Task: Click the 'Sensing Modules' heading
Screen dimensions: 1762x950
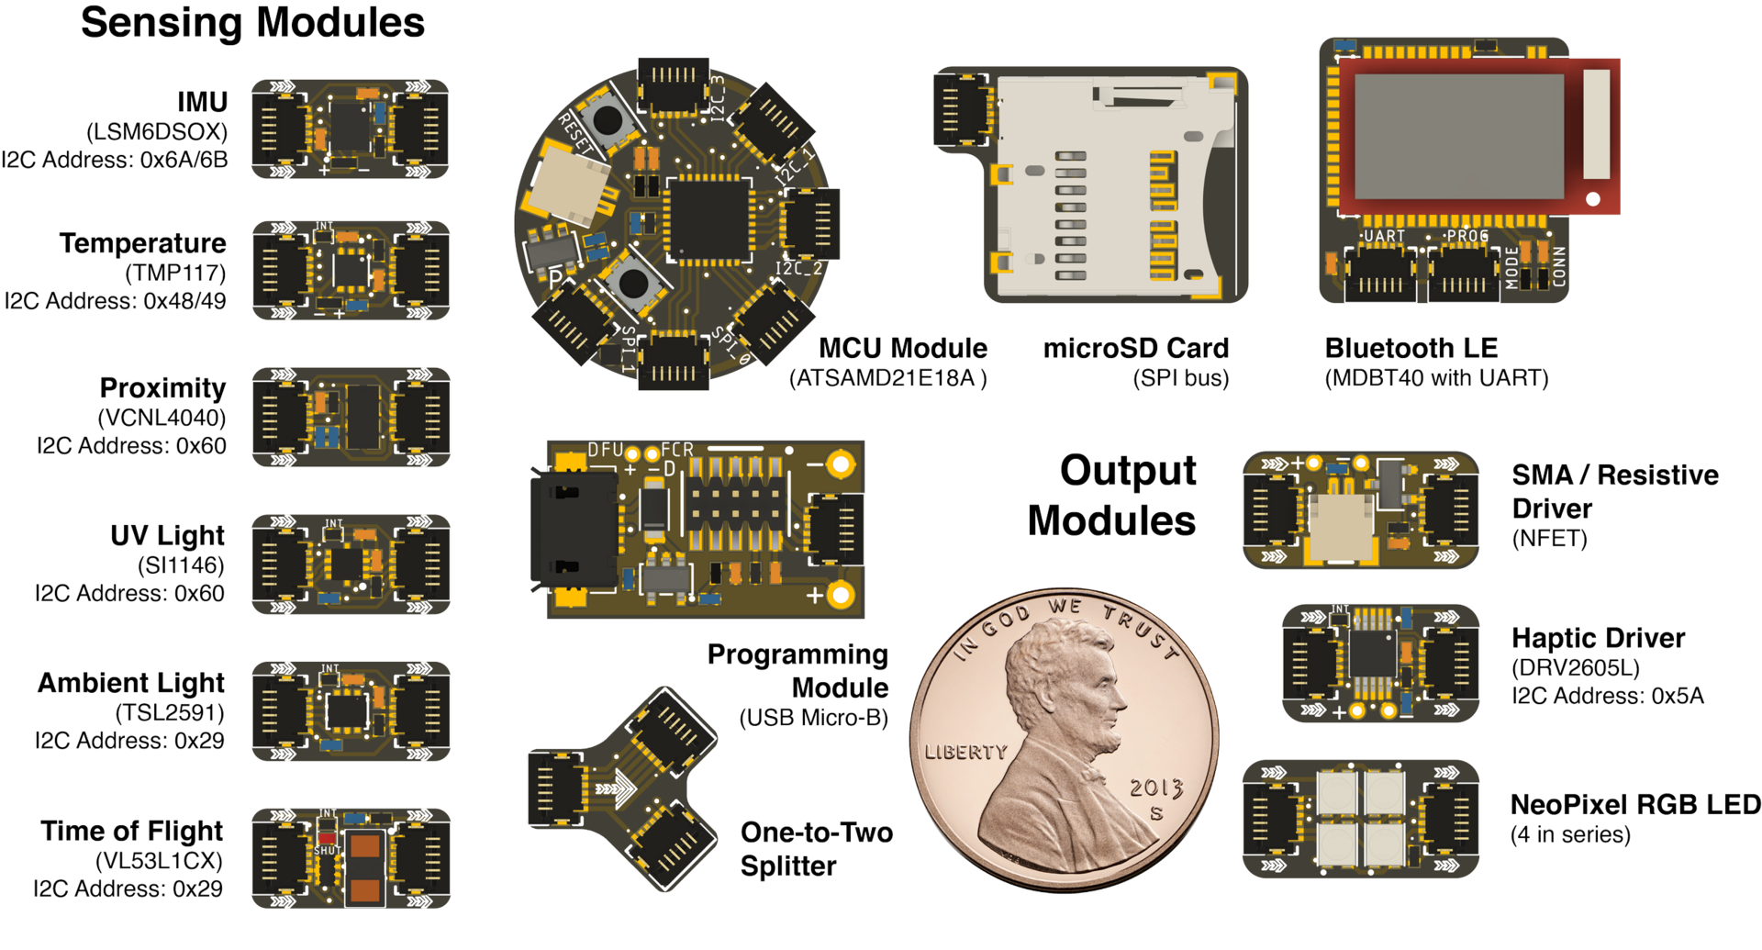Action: [252, 23]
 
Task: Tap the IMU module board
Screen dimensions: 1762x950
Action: [351, 129]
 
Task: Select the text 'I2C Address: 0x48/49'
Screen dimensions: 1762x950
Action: [115, 301]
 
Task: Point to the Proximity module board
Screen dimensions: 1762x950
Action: [351, 418]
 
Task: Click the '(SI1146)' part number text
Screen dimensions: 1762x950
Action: [181, 565]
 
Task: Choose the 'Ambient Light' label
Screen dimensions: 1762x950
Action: [131, 683]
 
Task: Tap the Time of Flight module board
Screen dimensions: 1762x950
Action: [351, 858]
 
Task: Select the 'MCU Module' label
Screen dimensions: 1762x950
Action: [903, 348]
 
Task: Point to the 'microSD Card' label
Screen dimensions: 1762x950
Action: [1136, 348]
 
